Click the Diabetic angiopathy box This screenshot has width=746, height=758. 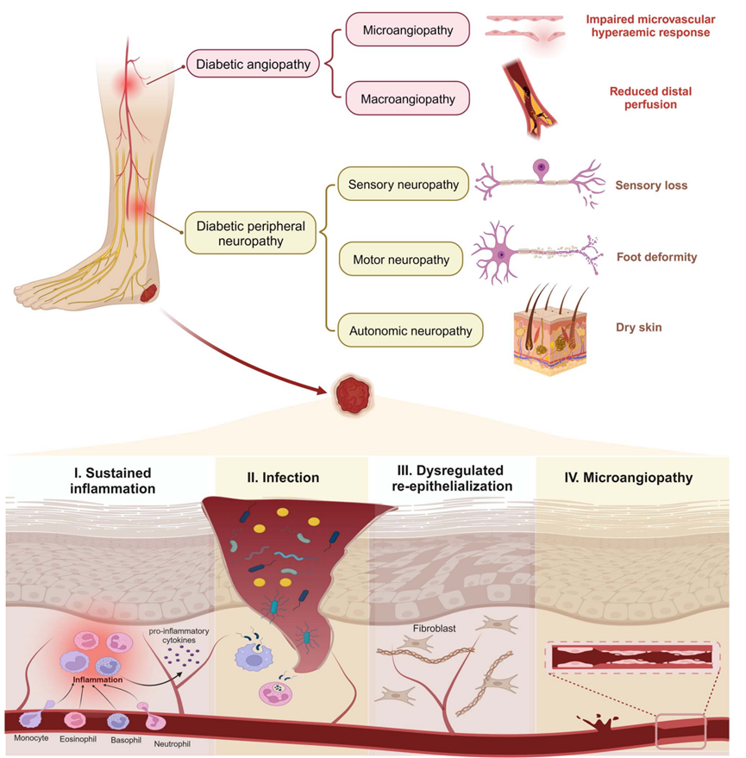[x=253, y=64]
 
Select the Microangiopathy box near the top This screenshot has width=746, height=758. [x=408, y=30]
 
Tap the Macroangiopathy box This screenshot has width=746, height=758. [x=408, y=98]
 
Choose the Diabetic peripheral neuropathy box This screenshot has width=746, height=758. [x=250, y=233]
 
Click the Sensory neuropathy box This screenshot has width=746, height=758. [x=404, y=185]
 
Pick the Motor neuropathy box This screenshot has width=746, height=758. [x=401, y=259]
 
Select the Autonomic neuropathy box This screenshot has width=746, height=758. [x=411, y=330]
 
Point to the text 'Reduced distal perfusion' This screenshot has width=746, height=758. [x=650, y=97]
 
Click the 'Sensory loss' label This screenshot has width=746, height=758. [x=651, y=185]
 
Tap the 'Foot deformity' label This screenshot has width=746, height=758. [x=656, y=257]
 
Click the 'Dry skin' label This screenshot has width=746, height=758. [x=639, y=328]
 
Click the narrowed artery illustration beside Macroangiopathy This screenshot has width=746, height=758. [x=530, y=99]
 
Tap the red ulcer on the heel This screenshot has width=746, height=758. [x=148, y=293]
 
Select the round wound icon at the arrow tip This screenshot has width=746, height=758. [x=354, y=395]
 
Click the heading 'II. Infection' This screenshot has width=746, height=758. [x=283, y=478]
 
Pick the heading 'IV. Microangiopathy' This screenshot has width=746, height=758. [x=629, y=478]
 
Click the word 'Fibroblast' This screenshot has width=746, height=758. [x=434, y=629]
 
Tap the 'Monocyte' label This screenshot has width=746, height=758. [x=31, y=738]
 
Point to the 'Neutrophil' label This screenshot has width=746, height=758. [x=172, y=744]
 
